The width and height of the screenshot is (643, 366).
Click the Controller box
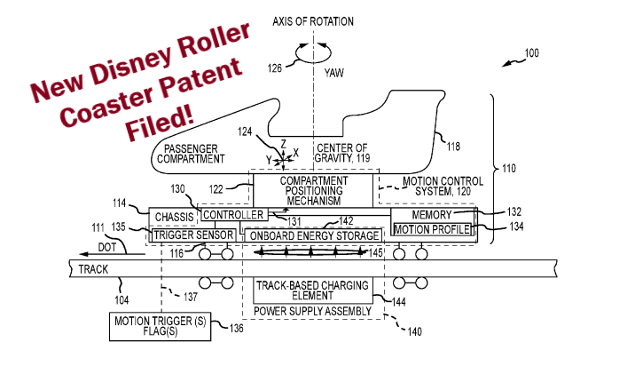click(233, 215)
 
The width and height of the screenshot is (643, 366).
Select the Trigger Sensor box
click(193, 235)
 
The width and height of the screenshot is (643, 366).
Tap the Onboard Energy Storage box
click(312, 235)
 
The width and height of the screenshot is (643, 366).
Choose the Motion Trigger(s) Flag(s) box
click(160, 326)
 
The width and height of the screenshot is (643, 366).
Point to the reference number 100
click(530, 54)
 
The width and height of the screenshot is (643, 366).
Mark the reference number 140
click(414, 333)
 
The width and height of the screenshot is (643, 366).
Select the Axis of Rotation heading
click(312, 21)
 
